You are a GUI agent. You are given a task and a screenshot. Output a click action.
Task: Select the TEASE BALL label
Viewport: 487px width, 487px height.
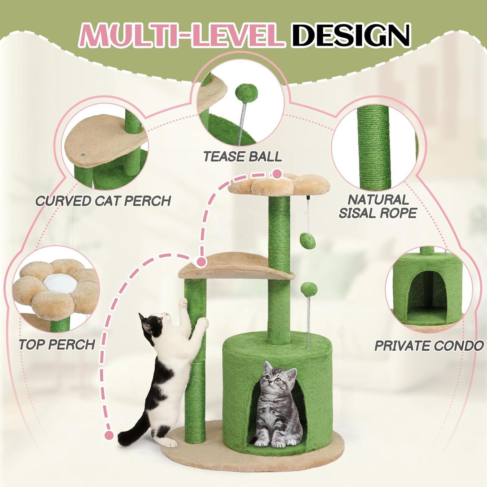[243, 156]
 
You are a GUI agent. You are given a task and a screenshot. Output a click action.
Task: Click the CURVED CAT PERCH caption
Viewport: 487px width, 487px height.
[103, 201]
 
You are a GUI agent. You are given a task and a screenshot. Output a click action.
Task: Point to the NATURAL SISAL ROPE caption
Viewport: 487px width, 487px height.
[378, 206]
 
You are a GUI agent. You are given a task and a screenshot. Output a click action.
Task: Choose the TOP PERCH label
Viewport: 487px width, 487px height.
[57, 344]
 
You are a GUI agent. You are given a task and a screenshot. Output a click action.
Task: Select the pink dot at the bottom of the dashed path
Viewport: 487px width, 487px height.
[109, 435]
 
